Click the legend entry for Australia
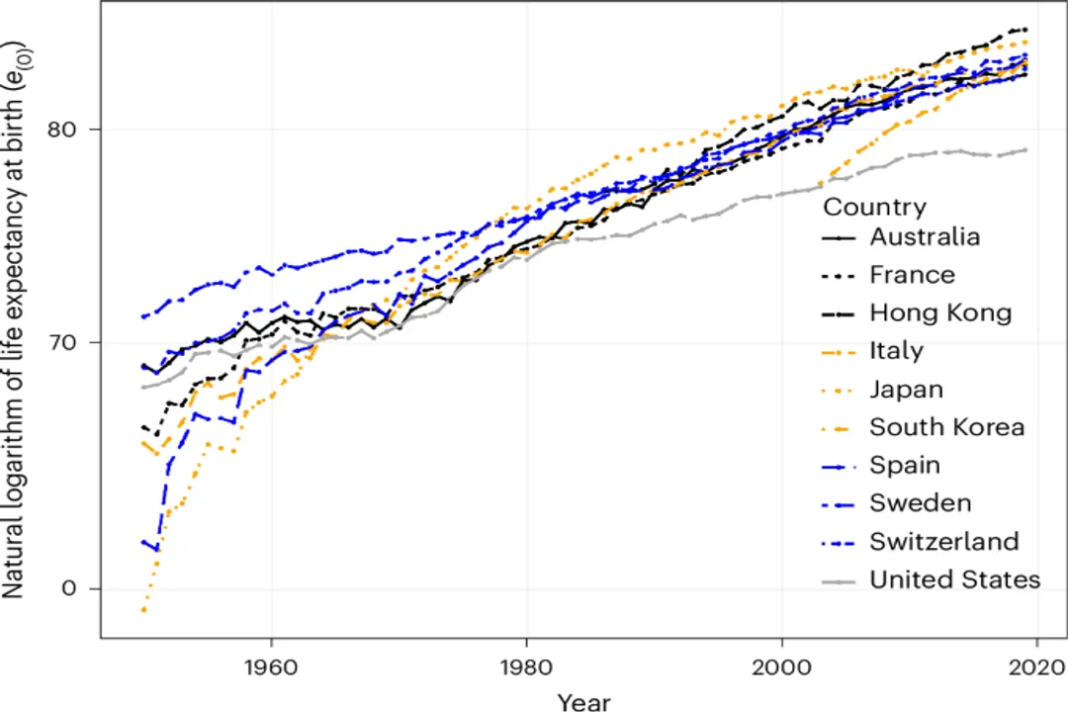(925, 237)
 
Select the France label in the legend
(912, 275)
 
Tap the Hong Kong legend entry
(940, 313)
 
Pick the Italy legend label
(896, 351)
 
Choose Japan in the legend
(906, 390)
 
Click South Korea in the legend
(946, 427)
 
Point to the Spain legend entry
(905, 465)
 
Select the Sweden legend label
(920, 503)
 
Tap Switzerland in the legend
(943, 542)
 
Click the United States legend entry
(954, 579)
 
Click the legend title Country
(874, 207)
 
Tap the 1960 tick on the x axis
(271, 666)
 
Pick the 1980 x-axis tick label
(526, 666)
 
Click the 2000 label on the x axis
(781, 666)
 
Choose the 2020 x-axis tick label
(1035, 666)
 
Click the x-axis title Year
(582, 700)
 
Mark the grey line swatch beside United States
(839, 580)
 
